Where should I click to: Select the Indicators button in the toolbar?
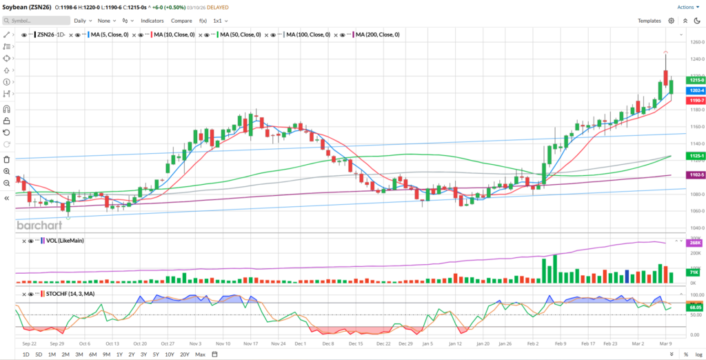click(x=152, y=21)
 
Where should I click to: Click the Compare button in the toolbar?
click(x=181, y=21)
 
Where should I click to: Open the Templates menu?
click(x=649, y=21)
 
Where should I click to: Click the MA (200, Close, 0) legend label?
click(x=377, y=34)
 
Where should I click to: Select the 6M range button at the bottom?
click(x=92, y=354)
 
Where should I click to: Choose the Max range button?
click(x=200, y=354)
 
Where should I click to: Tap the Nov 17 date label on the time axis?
click(x=250, y=343)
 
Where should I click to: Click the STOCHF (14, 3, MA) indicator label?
click(x=70, y=293)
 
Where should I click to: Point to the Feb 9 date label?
click(x=560, y=343)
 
